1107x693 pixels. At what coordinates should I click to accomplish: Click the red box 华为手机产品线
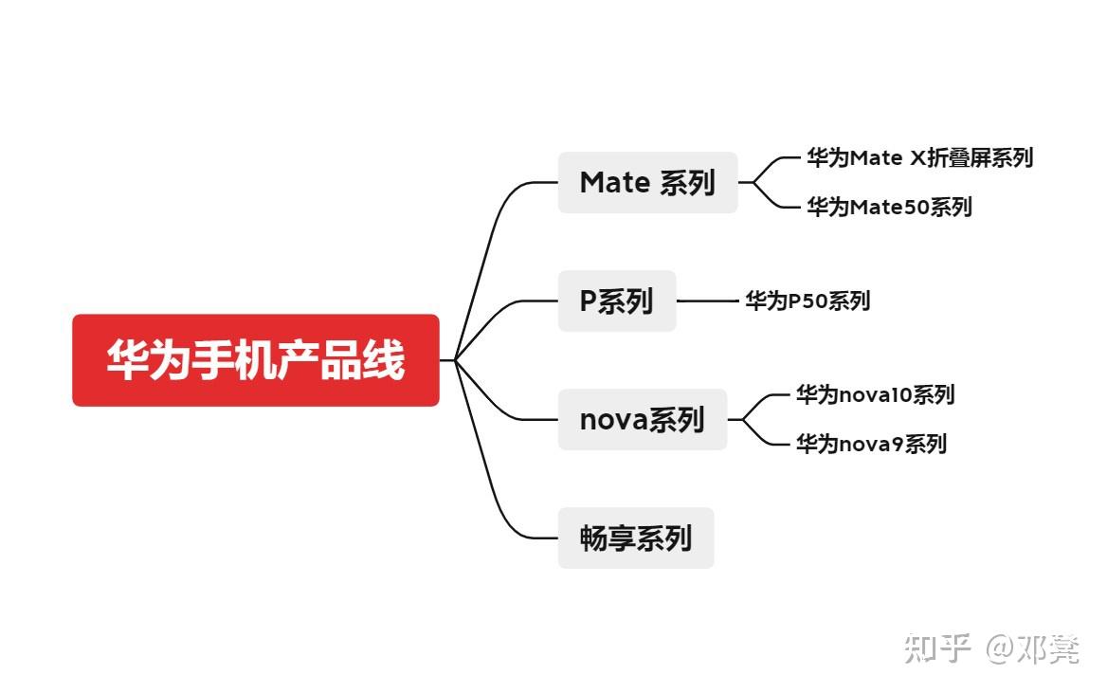point(255,360)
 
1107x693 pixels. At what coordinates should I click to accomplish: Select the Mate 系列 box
point(647,182)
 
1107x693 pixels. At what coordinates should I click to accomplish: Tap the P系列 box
point(616,301)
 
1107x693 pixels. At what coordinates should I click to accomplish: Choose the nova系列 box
point(642,419)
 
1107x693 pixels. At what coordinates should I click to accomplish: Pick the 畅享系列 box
point(635,538)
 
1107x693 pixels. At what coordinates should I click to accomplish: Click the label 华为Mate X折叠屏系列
point(919,158)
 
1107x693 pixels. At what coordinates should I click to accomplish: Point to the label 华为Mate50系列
point(889,207)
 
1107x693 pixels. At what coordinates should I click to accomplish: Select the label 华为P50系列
point(807,301)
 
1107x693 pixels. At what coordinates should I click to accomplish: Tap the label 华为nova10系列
point(875,394)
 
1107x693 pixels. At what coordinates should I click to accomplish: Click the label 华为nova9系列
point(871,444)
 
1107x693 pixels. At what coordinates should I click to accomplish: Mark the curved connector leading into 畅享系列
point(497,493)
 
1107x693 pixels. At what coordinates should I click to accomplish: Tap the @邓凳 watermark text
point(1032,648)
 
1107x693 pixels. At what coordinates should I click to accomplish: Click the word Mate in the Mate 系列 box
point(614,182)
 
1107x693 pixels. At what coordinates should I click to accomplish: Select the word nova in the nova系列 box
point(613,420)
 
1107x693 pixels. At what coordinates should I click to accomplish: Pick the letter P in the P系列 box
point(589,301)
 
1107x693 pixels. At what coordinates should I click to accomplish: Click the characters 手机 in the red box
point(233,360)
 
